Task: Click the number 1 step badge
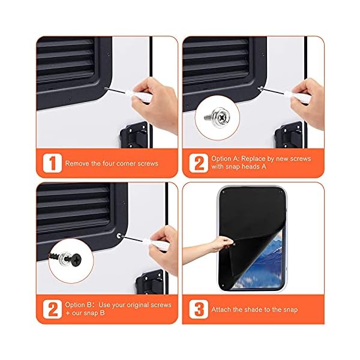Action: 52,163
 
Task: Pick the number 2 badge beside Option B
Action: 52,309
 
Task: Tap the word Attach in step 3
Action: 223,310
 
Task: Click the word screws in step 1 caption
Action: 147,163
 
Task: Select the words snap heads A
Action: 244,167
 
